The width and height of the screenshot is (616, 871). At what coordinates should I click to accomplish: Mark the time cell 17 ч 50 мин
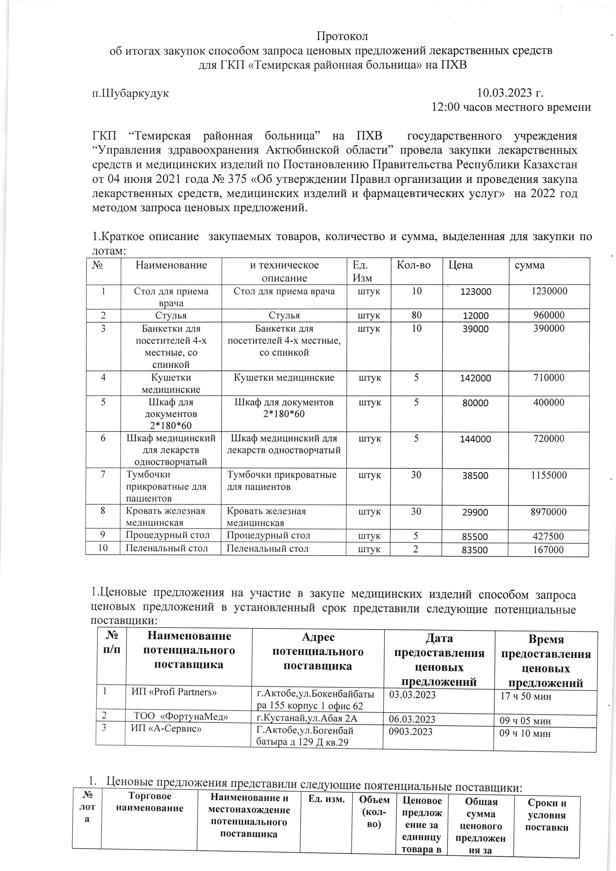pyautogui.click(x=526, y=696)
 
